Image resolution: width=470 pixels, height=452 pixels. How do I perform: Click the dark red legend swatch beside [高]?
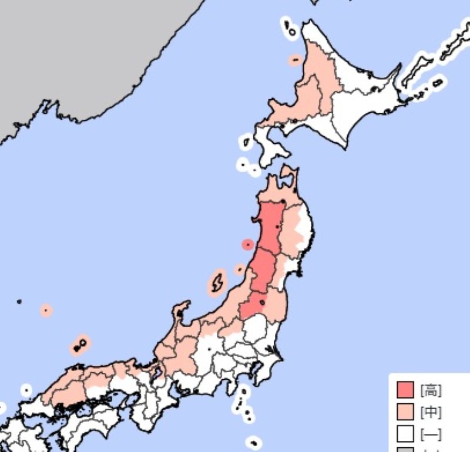click(x=405, y=390)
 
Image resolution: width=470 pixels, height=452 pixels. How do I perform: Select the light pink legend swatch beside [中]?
click(x=405, y=412)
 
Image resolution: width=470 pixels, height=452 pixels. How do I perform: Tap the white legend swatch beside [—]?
click(x=405, y=434)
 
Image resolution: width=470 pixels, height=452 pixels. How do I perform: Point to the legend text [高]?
click(x=431, y=390)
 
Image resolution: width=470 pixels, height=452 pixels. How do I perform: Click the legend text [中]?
click(x=431, y=412)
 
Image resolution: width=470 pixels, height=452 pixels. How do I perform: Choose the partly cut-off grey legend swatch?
click(x=405, y=449)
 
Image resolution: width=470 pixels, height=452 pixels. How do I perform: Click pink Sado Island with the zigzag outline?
click(x=216, y=283)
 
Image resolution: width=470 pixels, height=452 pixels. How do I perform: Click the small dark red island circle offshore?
click(x=248, y=244)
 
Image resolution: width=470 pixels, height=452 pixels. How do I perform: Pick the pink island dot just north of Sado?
click(x=239, y=269)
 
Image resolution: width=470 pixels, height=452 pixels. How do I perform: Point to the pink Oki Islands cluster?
click(x=79, y=345)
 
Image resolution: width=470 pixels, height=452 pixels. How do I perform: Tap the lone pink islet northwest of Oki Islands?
click(x=46, y=310)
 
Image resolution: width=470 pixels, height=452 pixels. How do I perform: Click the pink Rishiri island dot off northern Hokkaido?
click(x=295, y=59)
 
